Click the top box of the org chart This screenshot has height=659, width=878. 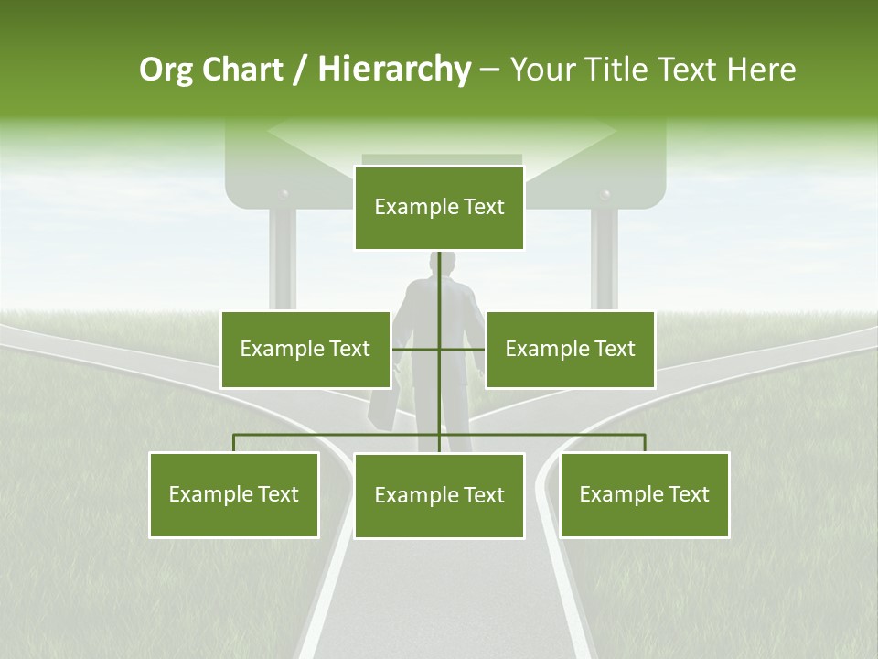pos(439,208)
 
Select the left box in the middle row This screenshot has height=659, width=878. pos(305,349)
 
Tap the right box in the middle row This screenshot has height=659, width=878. pos(570,349)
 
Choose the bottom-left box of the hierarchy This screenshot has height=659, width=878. pos(234,494)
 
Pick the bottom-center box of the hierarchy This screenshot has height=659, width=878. pos(439,495)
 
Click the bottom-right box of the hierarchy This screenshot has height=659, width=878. pos(645,494)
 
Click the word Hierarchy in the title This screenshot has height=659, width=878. pos(394,70)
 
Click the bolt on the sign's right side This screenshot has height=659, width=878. pos(604,195)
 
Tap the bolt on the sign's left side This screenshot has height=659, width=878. pos(284,195)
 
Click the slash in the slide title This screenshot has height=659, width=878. pos(301,70)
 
